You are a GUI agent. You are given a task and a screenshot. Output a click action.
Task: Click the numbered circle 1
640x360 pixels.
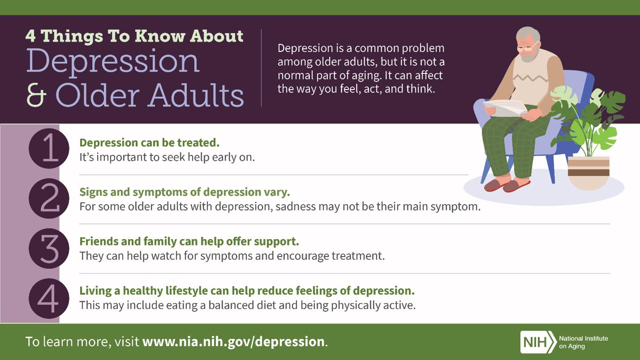tap(49, 148)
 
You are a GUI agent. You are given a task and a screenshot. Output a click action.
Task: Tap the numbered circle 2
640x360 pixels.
tap(49, 198)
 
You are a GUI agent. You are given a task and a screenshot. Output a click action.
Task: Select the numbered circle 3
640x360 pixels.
tap(49, 249)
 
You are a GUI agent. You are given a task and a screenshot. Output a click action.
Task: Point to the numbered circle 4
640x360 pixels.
tap(49, 299)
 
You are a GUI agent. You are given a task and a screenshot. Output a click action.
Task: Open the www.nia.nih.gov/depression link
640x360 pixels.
tap(234, 342)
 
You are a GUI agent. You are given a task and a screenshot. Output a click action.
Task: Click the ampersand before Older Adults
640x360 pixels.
tap(36, 94)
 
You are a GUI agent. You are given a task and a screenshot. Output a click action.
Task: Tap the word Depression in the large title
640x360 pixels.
tap(113, 61)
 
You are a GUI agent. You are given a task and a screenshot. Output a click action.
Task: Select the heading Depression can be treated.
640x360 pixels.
tap(149, 143)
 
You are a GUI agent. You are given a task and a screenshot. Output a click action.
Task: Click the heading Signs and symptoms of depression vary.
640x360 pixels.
tap(184, 192)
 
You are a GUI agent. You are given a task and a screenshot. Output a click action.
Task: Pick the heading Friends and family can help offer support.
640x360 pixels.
tap(189, 241)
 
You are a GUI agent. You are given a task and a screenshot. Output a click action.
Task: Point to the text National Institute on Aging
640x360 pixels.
tap(584, 342)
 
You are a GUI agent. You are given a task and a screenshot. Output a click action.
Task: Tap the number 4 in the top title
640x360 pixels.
tap(30, 36)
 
